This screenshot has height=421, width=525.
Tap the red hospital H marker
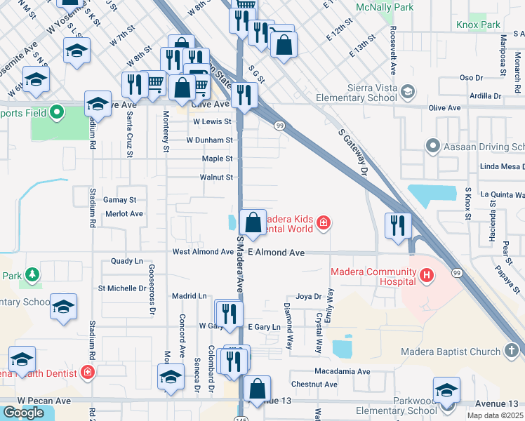(x=426, y=276)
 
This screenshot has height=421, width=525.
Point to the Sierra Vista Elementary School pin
(x=406, y=91)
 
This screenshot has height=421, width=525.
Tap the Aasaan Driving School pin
(x=433, y=146)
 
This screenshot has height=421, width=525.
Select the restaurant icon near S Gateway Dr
(x=397, y=225)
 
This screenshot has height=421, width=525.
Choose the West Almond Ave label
(x=202, y=252)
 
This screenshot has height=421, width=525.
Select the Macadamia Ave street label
(x=342, y=371)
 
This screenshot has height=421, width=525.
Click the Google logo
(x=23, y=413)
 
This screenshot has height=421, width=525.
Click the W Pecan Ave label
(x=44, y=401)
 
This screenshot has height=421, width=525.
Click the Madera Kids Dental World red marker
(x=323, y=224)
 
